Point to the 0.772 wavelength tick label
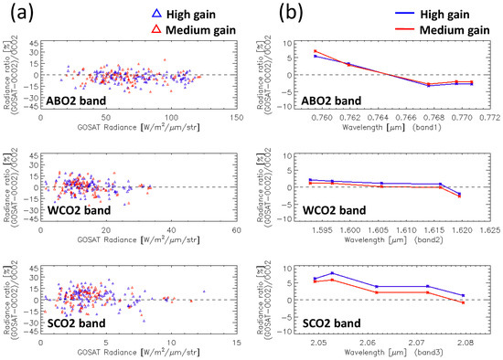pos(488,118)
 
